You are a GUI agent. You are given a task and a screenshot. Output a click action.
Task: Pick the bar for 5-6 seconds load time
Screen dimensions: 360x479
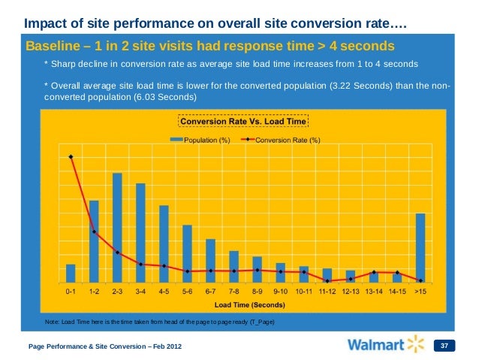(187, 253)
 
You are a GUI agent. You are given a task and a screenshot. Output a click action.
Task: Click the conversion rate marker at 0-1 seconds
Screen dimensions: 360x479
(71, 157)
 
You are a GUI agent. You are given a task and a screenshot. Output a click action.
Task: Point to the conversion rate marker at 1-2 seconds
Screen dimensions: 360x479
(94, 231)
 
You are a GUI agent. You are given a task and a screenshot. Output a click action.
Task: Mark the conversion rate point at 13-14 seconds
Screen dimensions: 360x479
(374, 271)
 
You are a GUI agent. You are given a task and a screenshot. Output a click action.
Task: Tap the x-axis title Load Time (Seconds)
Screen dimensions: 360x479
(246, 305)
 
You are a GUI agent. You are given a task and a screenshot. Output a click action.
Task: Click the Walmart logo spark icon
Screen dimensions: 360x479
(416, 344)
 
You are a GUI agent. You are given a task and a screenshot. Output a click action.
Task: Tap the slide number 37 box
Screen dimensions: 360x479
(444, 345)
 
